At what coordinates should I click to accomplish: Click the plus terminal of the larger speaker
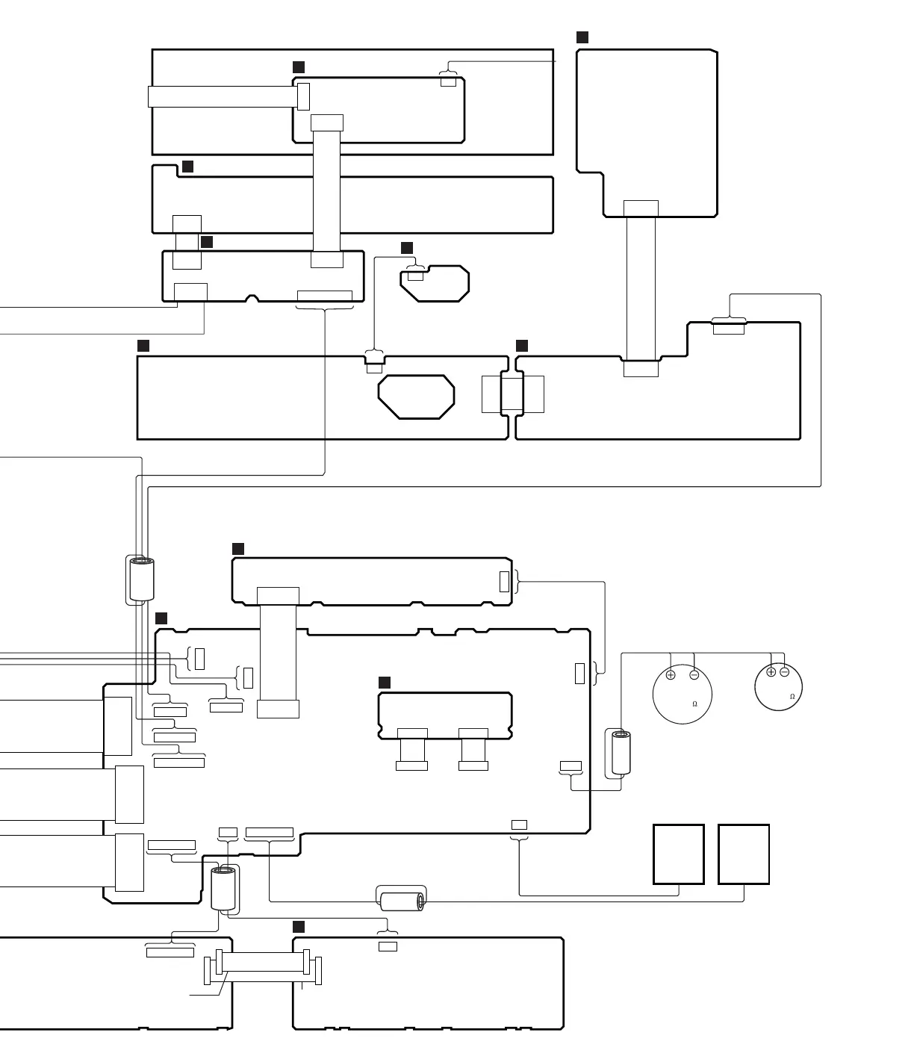671,675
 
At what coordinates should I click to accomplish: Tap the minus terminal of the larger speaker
694,675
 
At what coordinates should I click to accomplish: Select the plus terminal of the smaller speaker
771,672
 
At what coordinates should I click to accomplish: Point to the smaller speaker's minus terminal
784,672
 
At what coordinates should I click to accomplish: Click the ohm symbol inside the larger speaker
694,704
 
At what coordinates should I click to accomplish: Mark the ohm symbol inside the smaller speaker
792,697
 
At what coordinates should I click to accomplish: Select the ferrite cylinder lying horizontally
402,901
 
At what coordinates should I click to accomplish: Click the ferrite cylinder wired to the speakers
622,753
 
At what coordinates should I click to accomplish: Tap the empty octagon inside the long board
416,397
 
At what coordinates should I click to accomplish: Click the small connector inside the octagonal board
415,276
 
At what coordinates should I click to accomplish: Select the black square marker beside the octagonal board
407,248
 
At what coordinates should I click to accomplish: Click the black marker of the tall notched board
582,37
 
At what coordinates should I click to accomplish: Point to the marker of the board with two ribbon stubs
385,683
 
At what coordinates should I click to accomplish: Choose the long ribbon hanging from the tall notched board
641,288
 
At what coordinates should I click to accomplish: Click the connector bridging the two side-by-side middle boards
512,394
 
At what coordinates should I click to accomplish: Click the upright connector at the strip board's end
504,581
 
